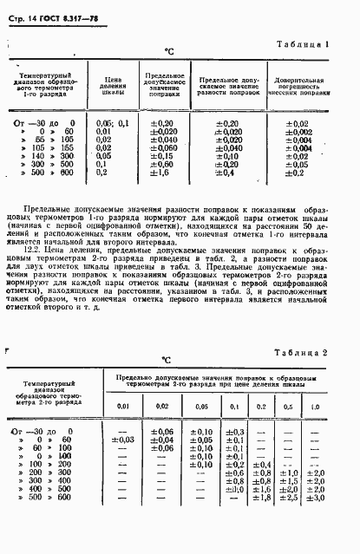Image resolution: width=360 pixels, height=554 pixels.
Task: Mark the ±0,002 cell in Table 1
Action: tap(298, 132)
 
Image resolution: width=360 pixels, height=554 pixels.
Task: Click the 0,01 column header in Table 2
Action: tap(123, 407)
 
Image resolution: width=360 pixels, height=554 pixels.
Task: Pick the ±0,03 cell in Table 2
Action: tap(123, 440)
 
